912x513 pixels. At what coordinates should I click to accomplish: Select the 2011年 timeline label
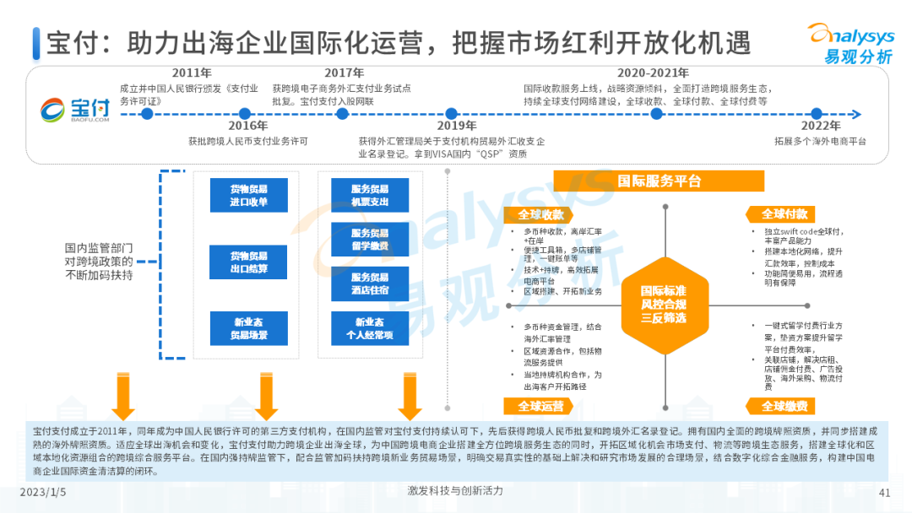[192, 73]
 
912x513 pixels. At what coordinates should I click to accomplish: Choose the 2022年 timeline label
[820, 125]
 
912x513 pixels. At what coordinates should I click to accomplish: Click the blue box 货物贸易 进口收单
[248, 195]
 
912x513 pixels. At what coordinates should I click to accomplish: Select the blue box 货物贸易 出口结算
[248, 262]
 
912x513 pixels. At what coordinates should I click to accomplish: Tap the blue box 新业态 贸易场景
[248, 327]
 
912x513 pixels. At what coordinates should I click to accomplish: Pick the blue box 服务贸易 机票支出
[370, 195]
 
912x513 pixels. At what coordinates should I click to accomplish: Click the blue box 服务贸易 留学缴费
[370, 239]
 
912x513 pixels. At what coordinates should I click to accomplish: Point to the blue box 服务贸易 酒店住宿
[370, 283]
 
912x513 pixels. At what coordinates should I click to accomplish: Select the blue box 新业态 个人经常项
[370, 328]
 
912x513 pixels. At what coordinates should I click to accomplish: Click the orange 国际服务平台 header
[659, 181]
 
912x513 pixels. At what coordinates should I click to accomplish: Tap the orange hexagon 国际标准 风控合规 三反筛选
[663, 304]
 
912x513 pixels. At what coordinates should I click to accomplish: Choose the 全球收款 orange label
[540, 214]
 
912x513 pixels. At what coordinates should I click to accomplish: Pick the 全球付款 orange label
[784, 214]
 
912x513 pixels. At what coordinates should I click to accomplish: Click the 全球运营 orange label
[540, 406]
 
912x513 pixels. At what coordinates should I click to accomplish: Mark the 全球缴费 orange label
[784, 406]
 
